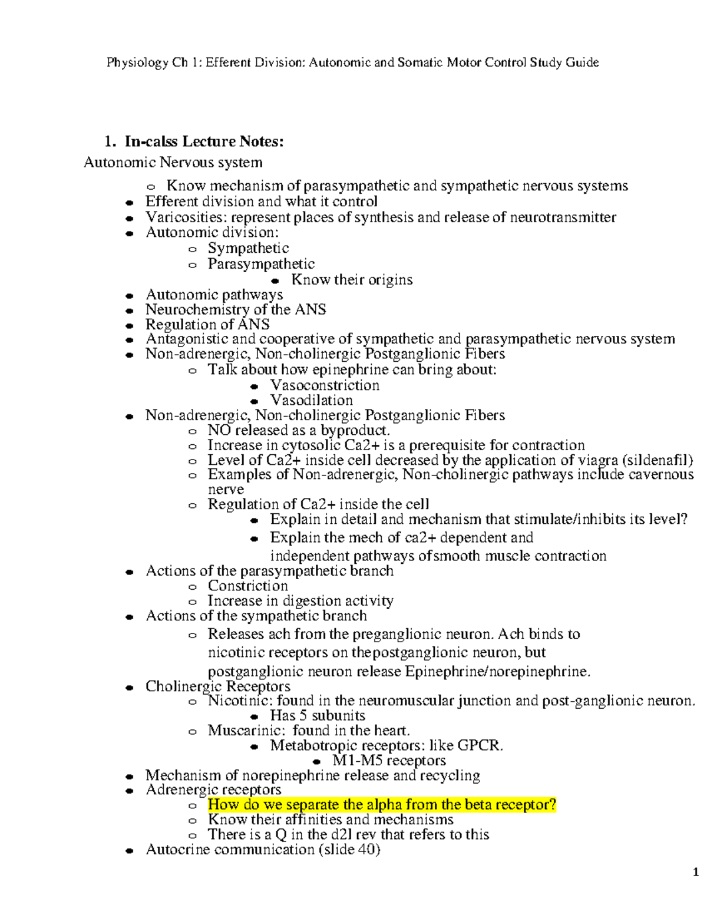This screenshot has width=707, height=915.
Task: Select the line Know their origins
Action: (x=352, y=279)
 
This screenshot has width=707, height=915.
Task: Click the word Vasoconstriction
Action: (x=325, y=385)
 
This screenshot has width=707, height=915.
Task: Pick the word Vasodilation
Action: (x=311, y=400)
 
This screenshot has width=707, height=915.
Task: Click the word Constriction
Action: (x=247, y=586)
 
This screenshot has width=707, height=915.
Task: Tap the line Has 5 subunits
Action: (x=318, y=716)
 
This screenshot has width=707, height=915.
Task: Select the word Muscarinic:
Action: (x=247, y=731)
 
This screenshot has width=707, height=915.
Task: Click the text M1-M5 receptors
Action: (x=389, y=761)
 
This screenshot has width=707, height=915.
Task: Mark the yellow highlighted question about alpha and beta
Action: (x=382, y=805)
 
